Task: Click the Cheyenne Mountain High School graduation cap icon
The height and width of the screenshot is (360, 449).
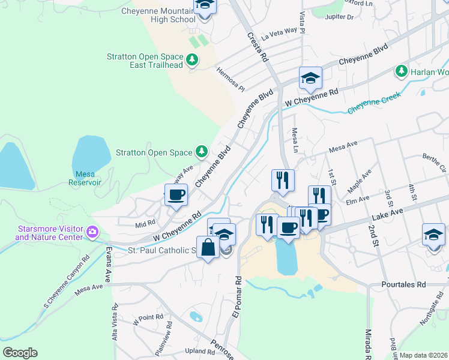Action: point(205,6)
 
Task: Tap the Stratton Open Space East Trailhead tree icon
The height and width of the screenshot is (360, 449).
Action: point(192,59)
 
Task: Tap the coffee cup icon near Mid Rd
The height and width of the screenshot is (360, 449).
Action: point(176,195)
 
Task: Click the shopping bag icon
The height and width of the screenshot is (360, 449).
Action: point(208,248)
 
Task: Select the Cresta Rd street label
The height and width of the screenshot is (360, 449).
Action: point(256,47)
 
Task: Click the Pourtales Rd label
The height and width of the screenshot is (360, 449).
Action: point(403,284)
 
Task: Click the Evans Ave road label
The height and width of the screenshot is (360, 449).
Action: point(109,265)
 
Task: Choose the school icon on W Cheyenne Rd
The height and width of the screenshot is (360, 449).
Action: point(310,77)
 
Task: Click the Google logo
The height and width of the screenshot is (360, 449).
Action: point(20,353)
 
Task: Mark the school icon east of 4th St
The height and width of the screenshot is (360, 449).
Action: point(433,235)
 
